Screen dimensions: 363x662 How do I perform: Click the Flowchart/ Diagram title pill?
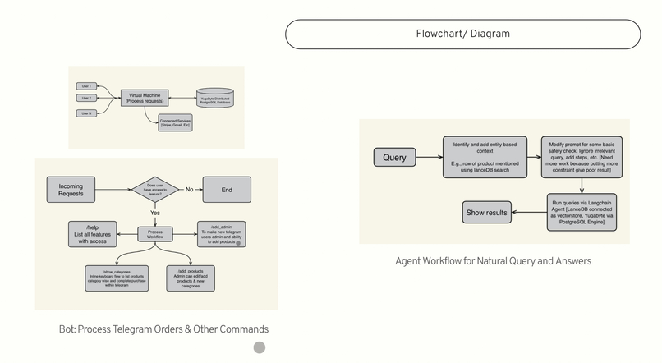462,34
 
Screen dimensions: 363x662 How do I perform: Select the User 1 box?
85,86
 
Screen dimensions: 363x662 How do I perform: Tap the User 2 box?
85,99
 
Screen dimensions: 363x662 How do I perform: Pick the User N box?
85,113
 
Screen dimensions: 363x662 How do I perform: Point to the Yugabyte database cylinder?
214,99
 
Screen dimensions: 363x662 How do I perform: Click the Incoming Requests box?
76,190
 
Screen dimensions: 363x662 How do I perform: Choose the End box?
227,190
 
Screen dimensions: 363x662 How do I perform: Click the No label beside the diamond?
189,190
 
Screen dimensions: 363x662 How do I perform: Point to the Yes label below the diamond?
154,213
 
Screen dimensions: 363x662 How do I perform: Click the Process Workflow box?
154,234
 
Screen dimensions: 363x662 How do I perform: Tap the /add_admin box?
221,233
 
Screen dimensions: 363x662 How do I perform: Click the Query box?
395,156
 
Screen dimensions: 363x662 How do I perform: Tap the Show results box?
487,212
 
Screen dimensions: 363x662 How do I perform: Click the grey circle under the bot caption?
260,348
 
